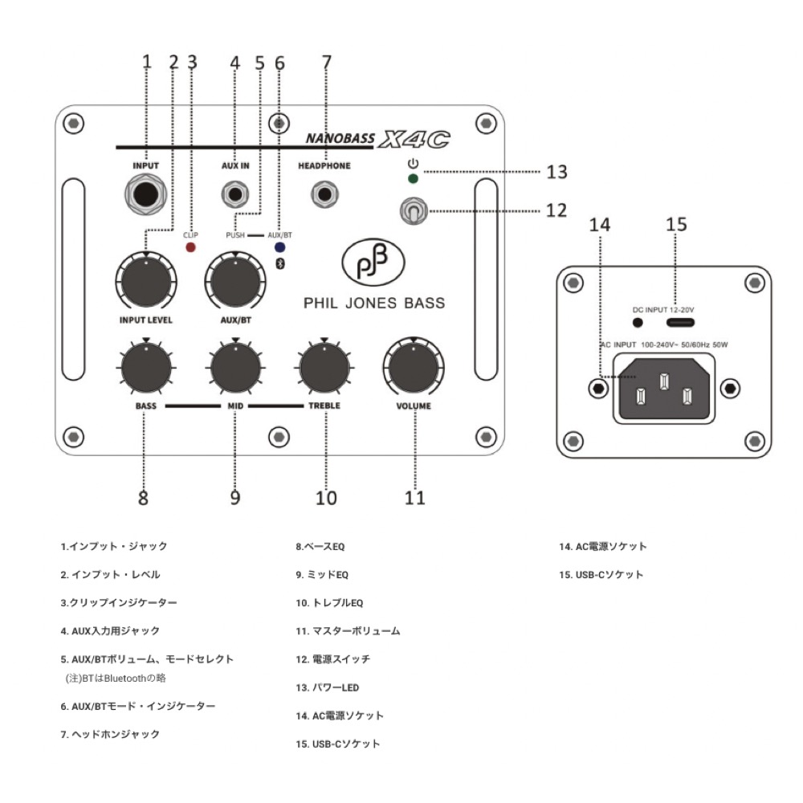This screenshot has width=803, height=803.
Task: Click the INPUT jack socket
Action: pyautogui.click(x=147, y=195)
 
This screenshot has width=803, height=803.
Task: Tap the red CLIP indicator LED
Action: pyautogui.click(x=191, y=247)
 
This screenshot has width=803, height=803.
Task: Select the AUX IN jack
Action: pyautogui.click(x=235, y=194)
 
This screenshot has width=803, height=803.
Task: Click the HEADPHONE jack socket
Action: pyautogui.click(x=324, y=194)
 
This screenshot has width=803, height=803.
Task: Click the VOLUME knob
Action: pyautogui.click(x=414, y=369)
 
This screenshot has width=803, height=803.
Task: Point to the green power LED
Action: pyautogui.click(x=413, y=179)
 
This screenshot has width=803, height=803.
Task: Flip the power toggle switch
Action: pyautogui.click(x=411, y=211)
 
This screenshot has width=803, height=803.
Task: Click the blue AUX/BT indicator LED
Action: pyautogui.click(x=279, y=247)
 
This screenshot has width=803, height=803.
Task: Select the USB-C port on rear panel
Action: pyautogui.click(x=675, y=322)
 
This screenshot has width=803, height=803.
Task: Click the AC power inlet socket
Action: pyautogui.click(x=663, y=389)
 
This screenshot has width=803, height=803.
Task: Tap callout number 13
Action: pyautogui.click(x=556, y=172)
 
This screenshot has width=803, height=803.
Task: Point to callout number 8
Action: pyautogui.click(x=143, y=498)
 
